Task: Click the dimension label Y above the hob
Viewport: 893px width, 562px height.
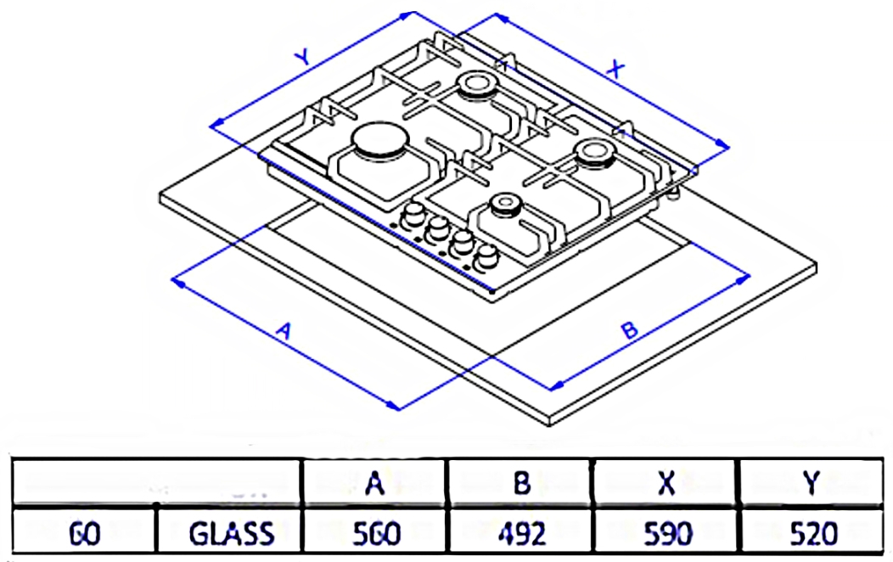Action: click(301, 58)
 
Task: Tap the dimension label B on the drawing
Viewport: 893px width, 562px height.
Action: click(629, 330)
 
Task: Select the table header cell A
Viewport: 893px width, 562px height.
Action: click(373, 483)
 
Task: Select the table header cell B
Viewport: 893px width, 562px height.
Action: click(521, 483)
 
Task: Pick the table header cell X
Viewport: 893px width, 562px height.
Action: click(667, 483)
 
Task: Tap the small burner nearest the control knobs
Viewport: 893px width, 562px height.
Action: click(506, 204)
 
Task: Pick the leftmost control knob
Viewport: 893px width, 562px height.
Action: click(413, 213)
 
